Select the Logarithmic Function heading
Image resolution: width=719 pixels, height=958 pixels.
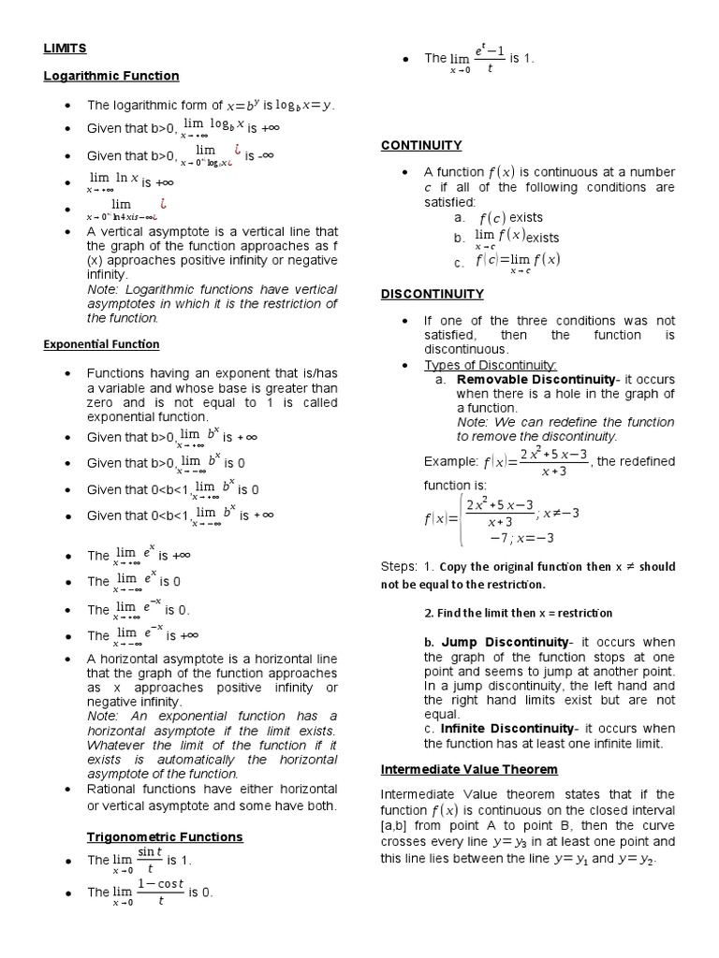[111, 75]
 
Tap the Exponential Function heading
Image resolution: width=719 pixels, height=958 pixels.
[101, 344]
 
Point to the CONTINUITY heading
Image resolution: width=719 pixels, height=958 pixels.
[421, 145]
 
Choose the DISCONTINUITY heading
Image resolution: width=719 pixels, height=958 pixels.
[432, 294]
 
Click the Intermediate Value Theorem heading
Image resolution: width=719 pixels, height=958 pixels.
[469, 769]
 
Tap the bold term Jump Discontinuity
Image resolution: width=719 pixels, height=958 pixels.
[505, 642]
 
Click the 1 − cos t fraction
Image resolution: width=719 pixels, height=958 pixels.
[160, 892]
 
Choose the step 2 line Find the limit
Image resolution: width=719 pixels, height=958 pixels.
[518, 613]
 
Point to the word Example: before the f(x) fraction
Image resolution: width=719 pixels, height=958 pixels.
[451, 461]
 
